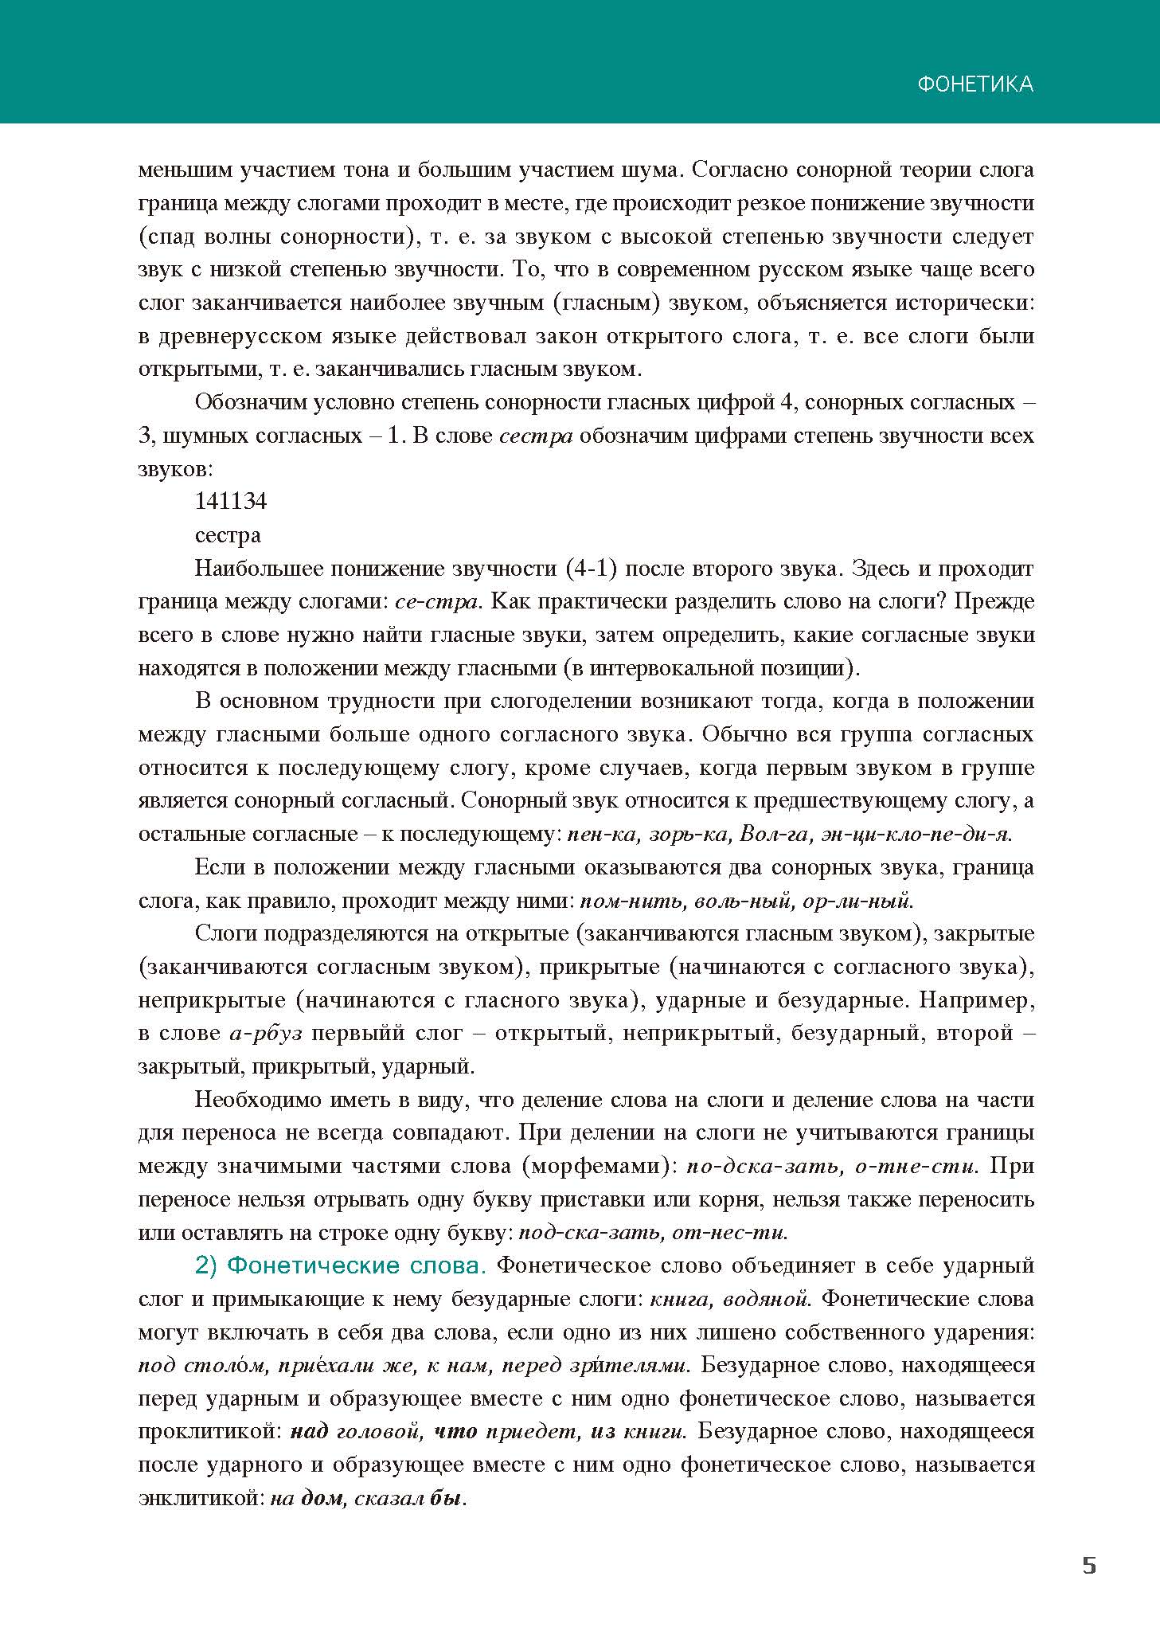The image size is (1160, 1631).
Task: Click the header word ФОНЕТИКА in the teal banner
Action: tap(975, 84)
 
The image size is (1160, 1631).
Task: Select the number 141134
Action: tap(231, 501)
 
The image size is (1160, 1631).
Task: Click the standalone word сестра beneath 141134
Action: tap(228, 535)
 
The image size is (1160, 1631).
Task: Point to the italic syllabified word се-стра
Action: tap(438, 601)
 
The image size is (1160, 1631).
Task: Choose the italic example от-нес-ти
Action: tap(729, 1234)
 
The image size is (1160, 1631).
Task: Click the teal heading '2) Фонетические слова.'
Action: tap(342, 1266)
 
